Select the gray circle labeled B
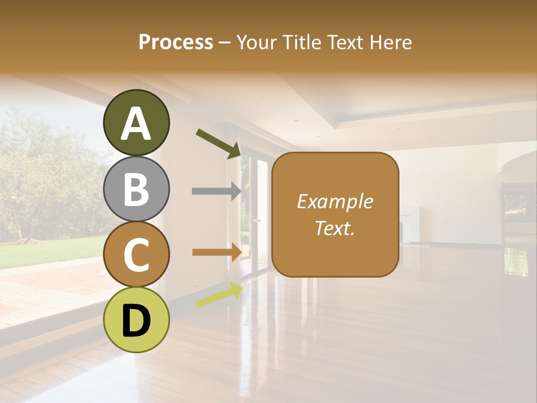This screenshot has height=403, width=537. tap(136, 189)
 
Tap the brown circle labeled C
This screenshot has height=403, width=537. tap(136, 254)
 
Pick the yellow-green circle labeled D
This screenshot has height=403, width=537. tap(136, 320)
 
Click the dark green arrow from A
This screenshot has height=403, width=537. tap(218, 143)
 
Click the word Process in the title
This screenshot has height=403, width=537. tap(176, 42)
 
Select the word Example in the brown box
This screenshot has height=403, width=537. tap(335, 201)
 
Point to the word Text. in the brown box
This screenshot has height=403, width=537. tap(335, 228)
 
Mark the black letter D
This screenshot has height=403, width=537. tap(136, 321)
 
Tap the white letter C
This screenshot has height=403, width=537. tap(136, 255)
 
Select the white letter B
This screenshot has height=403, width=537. tap(136, 189)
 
